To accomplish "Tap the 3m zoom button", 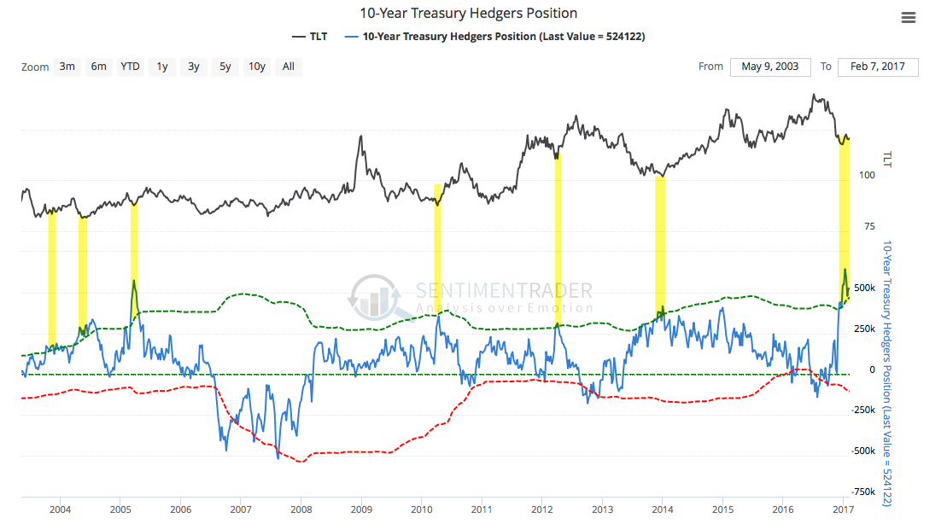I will pos(67,67).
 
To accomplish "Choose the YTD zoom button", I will pos(130,67).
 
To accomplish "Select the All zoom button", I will pos(289,67).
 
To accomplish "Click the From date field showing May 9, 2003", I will pos(770,67).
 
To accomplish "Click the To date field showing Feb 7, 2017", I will pos(878,67).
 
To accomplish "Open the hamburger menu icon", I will pos(908,18).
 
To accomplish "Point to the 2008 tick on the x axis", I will pos(301,510).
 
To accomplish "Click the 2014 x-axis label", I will pos(662,510).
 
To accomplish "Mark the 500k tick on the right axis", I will pos(865,288).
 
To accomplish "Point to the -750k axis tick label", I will pos(863,492).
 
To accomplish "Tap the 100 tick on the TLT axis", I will pos(868,175).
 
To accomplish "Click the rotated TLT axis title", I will pos(888,159).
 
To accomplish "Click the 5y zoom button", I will pos(225,67).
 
